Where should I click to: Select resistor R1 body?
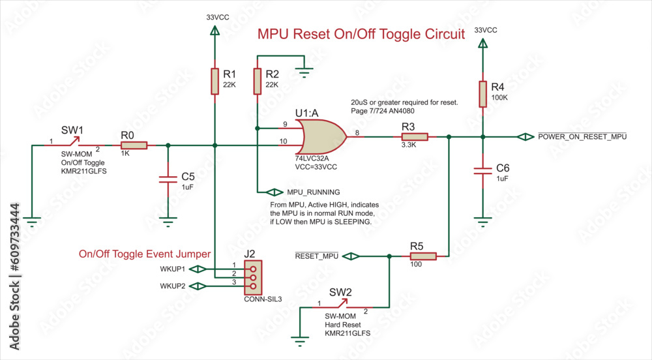pyautogui.click(x=215, y=82)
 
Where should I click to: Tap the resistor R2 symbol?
pyautogui.click(x=258, y=82)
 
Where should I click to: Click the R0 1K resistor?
pyautogui.click(x=134, y=145)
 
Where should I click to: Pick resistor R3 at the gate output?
pyautogui.click(x=414, y=137)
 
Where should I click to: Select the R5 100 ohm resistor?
pyautogui.click(x=422, y=257)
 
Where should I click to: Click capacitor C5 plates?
pyautogui.click(x=169, y=178)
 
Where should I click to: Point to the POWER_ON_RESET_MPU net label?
pyautogui.click(x=582, y=137)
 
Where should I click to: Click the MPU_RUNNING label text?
pyautogui.click(x=314, y=192)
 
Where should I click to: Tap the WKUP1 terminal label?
pyautogui.click(x=173, y=269)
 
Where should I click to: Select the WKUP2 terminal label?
pyautogui.click(x=173, y=286)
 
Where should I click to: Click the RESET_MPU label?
pyautogui.click(x=317, y=257)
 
